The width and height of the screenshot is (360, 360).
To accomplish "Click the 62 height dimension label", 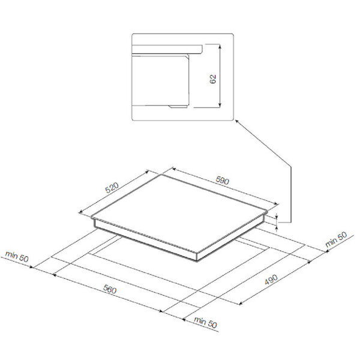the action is click(213, 79).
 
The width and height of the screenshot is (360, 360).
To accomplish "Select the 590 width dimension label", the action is click(222, 181).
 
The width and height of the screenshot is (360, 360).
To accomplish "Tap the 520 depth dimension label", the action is click(112, 188).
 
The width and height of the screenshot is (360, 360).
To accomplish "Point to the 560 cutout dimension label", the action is click(110, 289).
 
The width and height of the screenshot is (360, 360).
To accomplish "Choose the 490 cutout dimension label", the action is click(271, 280).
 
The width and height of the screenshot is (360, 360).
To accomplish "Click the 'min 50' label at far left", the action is click(17, 256).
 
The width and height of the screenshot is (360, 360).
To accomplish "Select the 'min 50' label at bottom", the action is click(205, 322).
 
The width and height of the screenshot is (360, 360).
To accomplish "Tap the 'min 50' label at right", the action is click(336, 239).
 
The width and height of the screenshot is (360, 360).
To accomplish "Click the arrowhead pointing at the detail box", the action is click(237, 121).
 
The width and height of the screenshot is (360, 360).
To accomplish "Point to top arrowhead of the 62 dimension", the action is click(220, 46).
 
